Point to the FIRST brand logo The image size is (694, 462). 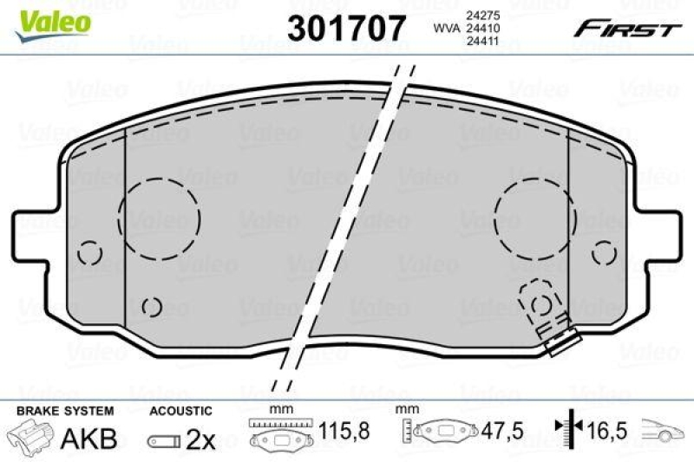[x=625, y=29]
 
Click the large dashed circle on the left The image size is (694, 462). [x=159, y=218]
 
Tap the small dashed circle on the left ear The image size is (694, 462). [x=89, y=253]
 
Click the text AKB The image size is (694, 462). [x=88, y=439]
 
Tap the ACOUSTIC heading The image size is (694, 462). [x=180, y=411]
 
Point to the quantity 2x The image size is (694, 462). [x=201, y=439]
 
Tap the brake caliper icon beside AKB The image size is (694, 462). [x=30, y=436]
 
